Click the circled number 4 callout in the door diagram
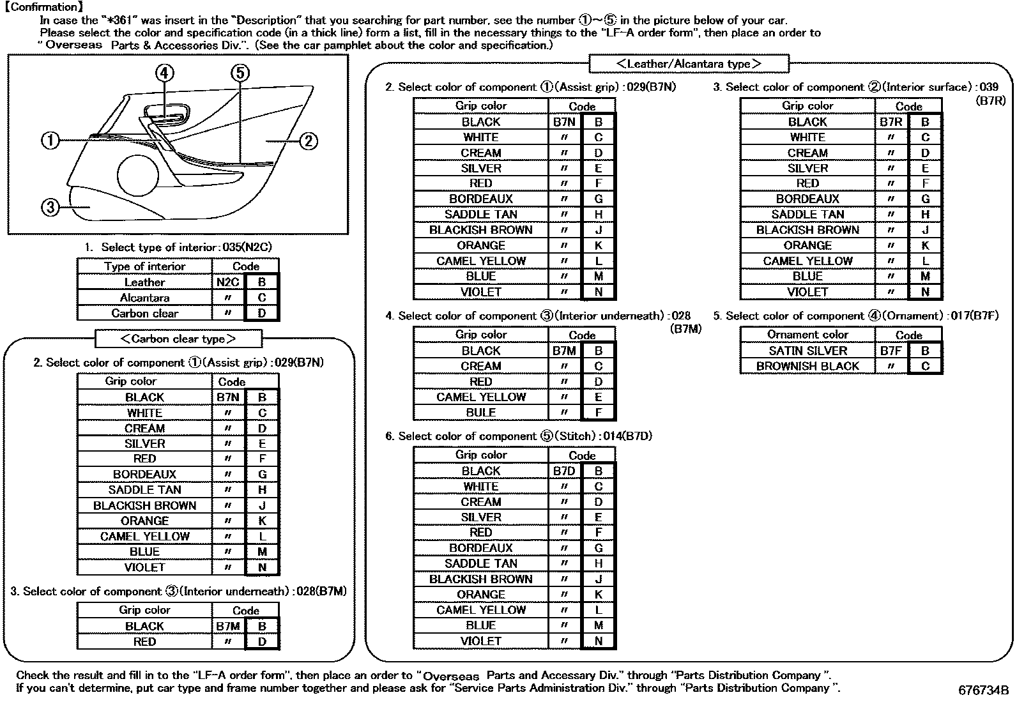(x=164, y=73)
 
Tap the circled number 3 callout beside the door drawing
(x=50, y=207)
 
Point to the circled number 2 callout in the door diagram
(x=308, y=141)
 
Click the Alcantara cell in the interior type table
(x=144, y=298)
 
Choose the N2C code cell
(x=227, y=282)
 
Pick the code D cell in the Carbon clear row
(x=262, y=314)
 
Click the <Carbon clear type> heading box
(x=178, y=339)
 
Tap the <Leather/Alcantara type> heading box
(x=688, y=64)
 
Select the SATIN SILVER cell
(x=807, y=351)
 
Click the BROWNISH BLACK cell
(x=807, y=366)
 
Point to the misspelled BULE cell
(x=480, y=413)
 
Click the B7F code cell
(x=891, y=351)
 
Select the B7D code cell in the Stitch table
(x=564, y=471)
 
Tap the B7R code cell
(x=891, y=122)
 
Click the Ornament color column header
(x=807, y=335)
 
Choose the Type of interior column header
(x=144, y=266)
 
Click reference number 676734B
(x=983, y=690)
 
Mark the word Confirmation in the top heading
(x=43, y=7)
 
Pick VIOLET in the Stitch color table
(x=480, y=641)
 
